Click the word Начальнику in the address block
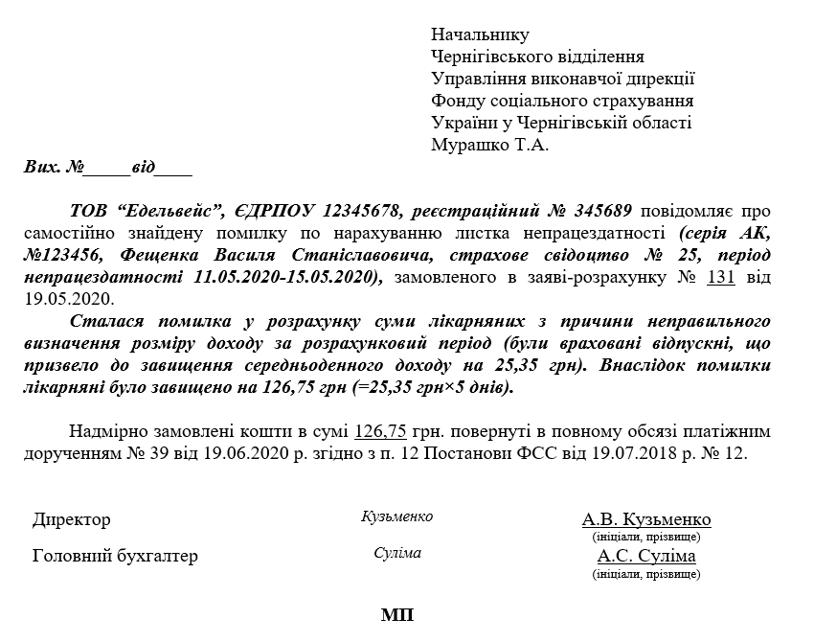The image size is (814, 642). click(x=480, y=35)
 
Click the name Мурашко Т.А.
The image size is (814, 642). click(x=489, y=146)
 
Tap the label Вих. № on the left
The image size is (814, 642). click(x=54, y=168)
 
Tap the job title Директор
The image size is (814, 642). click(x=72, y=519)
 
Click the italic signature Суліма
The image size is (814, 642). click(x=397, y=553)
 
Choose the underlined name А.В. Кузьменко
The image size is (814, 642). click(x=646, y=519)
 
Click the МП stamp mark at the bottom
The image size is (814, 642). click(x=397, y=614)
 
